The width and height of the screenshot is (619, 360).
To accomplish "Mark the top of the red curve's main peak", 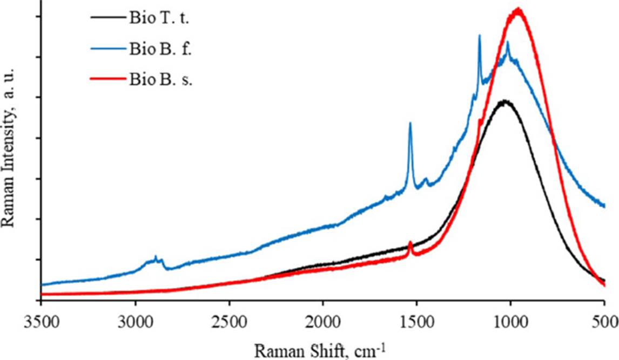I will click(518, 9).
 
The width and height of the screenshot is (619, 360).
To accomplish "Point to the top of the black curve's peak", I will click(504, 101).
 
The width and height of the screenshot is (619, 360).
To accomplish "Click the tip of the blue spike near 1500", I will click(410, 124).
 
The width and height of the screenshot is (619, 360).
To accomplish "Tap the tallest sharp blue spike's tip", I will click(479, 36).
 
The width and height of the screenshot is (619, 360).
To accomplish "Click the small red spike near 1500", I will click(411, 242).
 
